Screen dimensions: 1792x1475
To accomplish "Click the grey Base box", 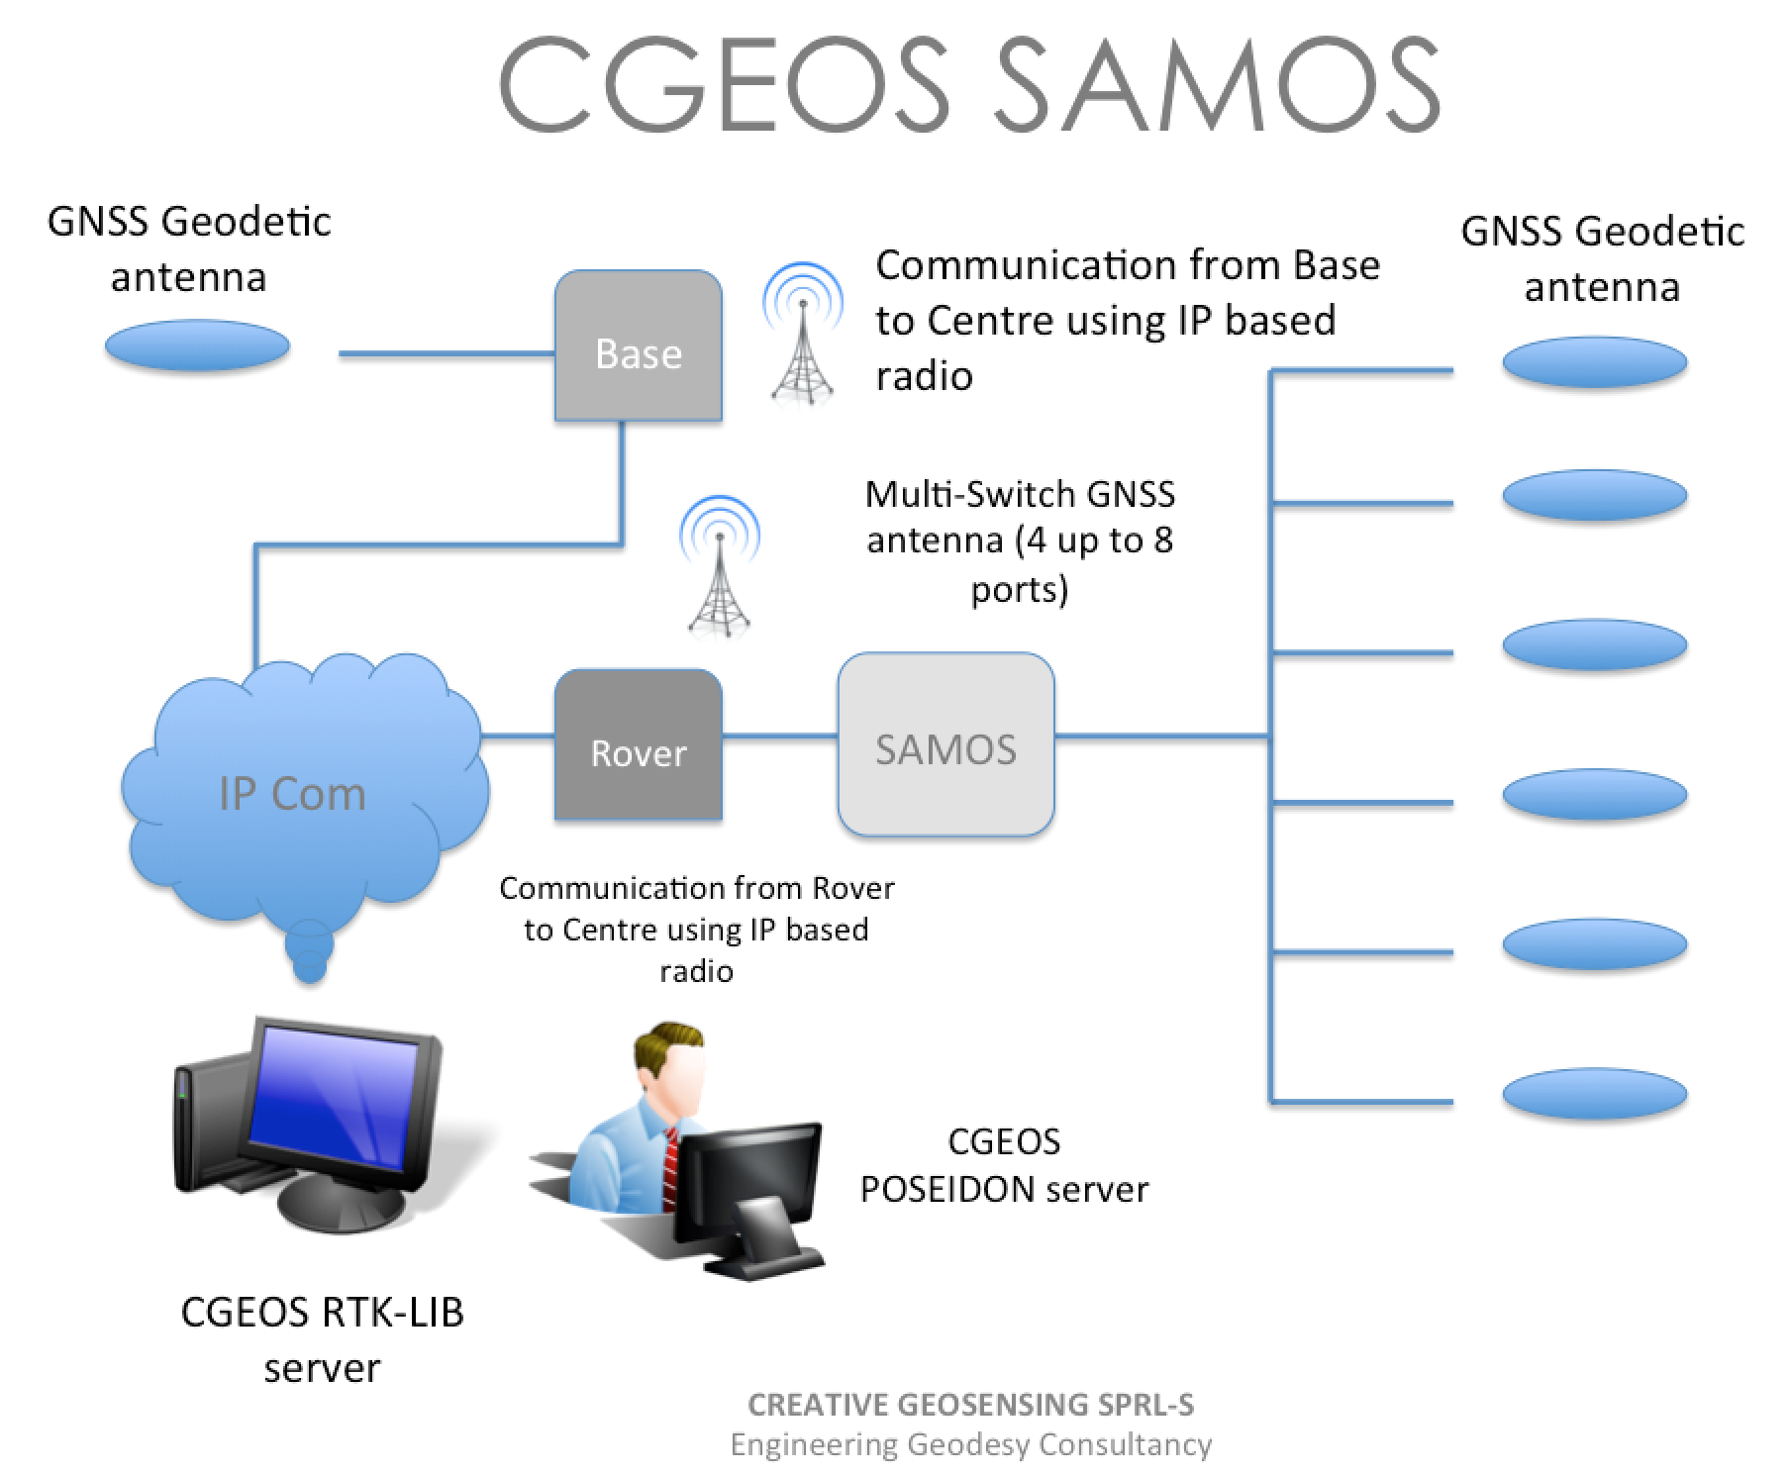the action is (638, 345).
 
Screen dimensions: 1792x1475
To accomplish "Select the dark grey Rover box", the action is (638, 744).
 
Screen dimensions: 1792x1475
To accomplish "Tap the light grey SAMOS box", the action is (946, 743).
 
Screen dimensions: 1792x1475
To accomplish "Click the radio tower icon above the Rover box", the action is (720, 565).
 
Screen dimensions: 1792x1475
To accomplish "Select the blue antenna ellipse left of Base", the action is (197, 345).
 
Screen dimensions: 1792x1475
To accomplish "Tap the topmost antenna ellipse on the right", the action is (1594, 361).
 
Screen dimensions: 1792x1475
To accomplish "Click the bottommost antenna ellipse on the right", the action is (1594, 1094).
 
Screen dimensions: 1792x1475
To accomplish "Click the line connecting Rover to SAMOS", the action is (780, 736).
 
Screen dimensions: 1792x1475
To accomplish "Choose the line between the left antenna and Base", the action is (447, 353).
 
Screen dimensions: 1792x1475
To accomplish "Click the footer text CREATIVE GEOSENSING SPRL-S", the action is (970, 1404).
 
